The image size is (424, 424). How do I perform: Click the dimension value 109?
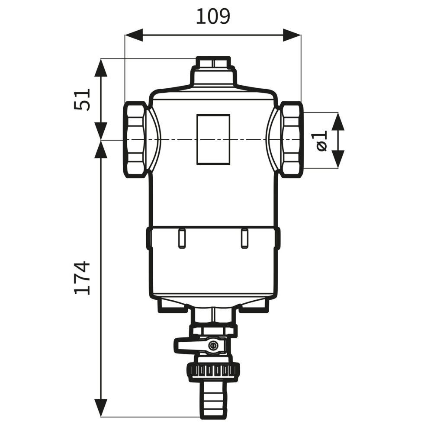point(213,16)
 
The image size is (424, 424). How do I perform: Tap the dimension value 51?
point(81,99)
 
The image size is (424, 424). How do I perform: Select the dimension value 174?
point(81,277)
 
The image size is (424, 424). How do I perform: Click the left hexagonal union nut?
point(135,139)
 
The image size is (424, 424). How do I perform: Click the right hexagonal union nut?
point(291,139)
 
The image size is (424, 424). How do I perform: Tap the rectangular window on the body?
point(213,139)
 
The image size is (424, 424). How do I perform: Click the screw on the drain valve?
point(214,345)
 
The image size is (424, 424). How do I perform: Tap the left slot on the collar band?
point(182,238)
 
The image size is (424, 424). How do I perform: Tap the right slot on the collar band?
point(245,238)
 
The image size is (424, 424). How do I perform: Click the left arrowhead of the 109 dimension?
point(134,35)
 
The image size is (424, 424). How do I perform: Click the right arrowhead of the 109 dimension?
point(292,35)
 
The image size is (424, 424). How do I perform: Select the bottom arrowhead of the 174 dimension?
point(100,408)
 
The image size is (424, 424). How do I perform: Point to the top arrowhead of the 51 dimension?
point(100,68)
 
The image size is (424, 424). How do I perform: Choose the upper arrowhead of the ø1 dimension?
point(338,122)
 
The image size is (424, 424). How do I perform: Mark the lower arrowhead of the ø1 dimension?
point(338,159)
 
